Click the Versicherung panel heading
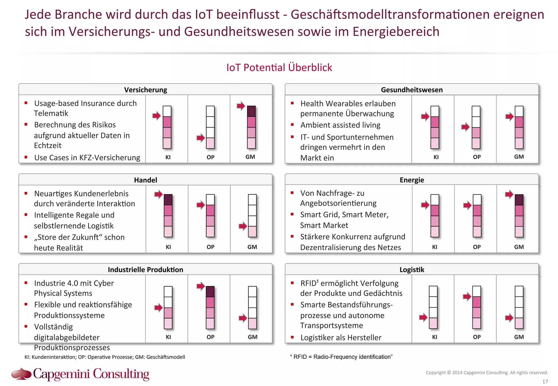point(145,90)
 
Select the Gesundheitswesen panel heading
point(411,90)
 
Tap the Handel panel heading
point(145,180)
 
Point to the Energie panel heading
point(411,180)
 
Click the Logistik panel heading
point(411,269)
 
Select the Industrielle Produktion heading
point(145,269)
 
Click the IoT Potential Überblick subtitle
point(279,68)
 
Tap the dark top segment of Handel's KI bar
point(168,200)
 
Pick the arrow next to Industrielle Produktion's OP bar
point(201,286)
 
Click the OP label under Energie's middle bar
point(477,247)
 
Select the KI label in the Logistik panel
point(435,337)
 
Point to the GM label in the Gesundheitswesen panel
point(519,157)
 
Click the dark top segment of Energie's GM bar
point(519,200)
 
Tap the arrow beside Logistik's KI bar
point(423,317)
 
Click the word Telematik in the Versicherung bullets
point(51,113)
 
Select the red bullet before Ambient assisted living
point(292,125)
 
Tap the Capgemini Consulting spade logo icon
point(21,373)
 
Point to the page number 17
point(545,382)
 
